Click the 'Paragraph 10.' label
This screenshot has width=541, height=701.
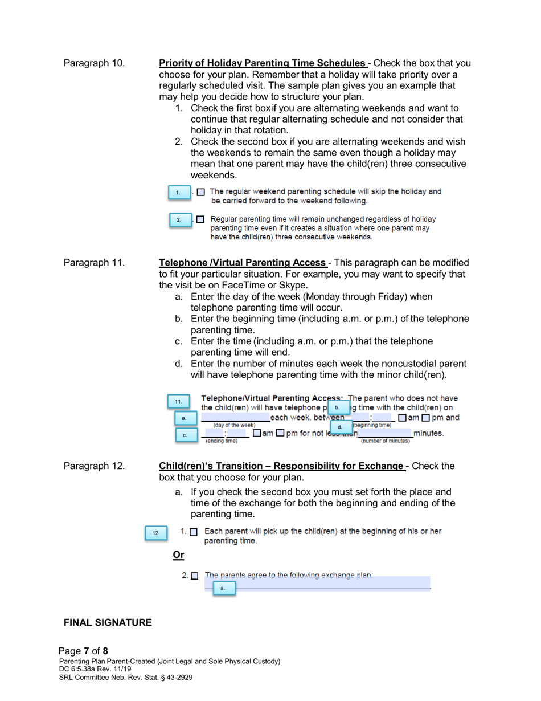pos(94,63)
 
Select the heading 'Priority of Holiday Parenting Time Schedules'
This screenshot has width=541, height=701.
pos(263,63)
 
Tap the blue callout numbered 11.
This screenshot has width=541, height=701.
pos(178,401)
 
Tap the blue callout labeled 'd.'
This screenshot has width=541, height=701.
pos(341,426)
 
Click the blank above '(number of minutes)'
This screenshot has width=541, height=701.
pos(385,434)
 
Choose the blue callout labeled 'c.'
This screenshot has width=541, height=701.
pos(185,435)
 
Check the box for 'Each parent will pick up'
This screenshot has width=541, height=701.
pos(194,532)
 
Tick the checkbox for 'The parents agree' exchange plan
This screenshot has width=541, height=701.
pos(195,576)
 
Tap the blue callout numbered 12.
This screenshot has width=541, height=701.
pos(156,533)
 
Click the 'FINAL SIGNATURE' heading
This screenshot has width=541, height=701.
pos(108,622)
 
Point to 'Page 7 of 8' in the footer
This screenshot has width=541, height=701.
pos(83,651)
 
